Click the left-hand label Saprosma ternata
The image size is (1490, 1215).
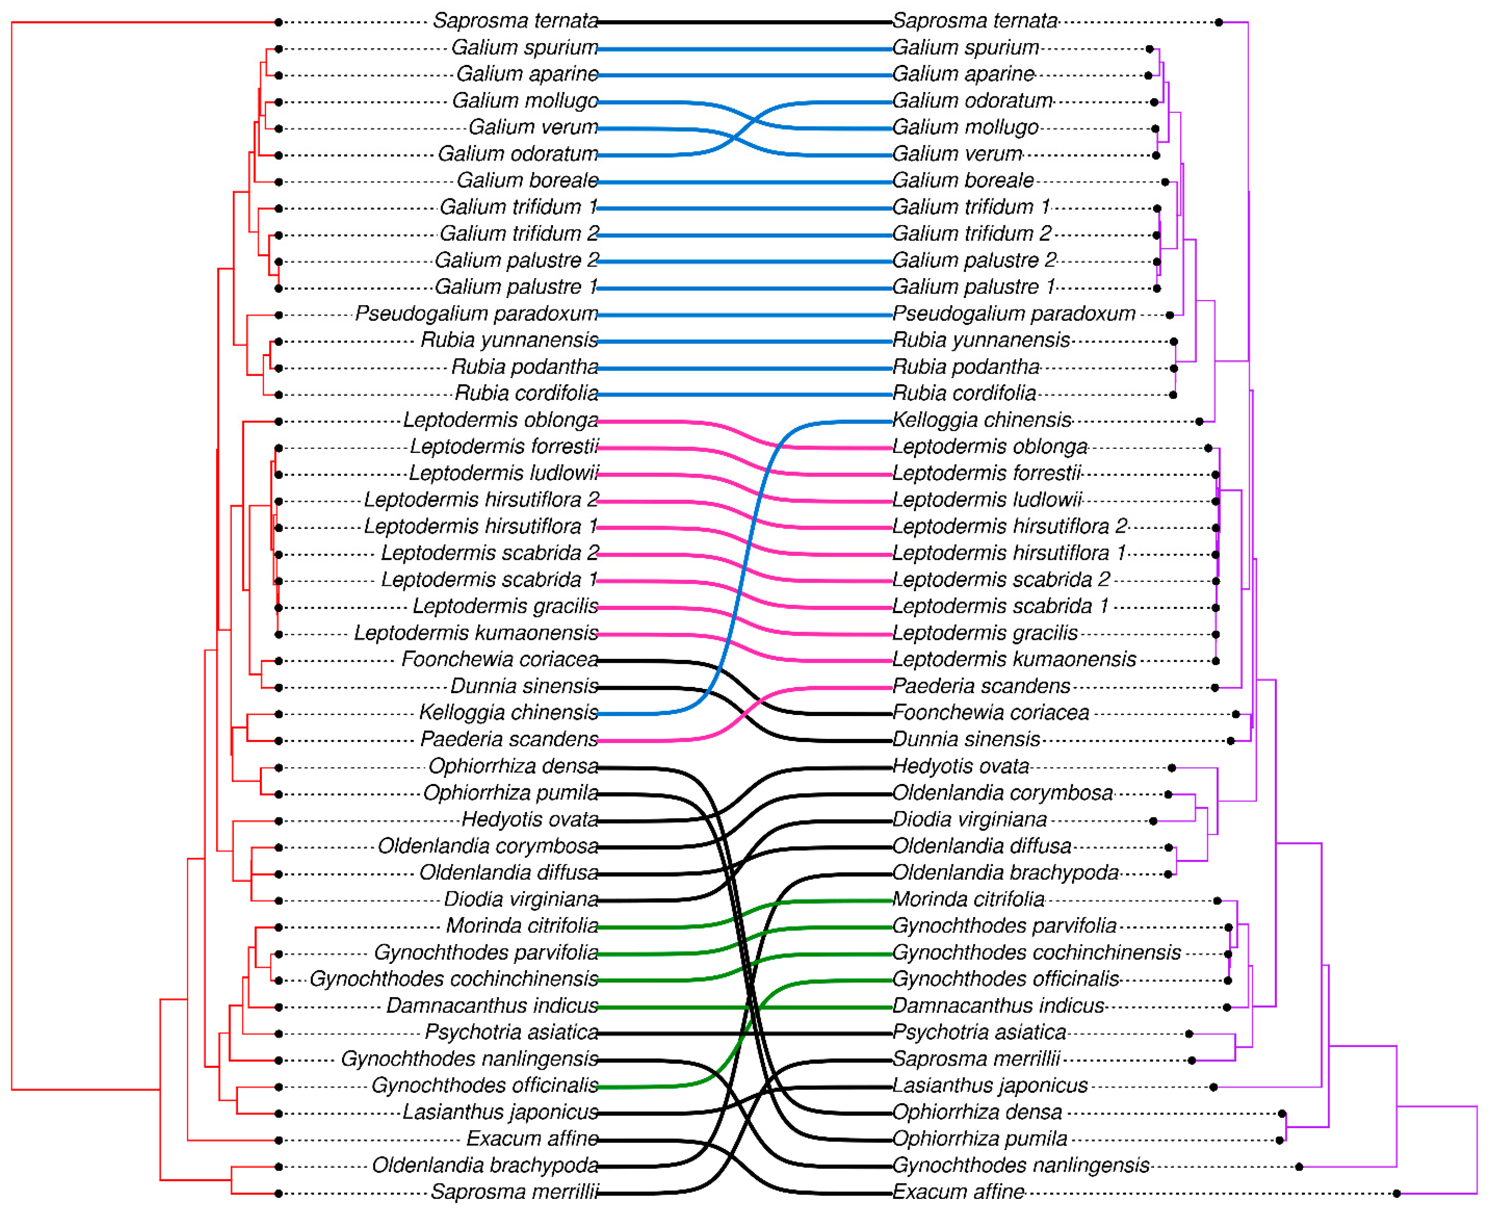pos(515,21)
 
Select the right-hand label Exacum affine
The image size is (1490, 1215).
pos(958,1191)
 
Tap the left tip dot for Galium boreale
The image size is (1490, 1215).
pos(279,182)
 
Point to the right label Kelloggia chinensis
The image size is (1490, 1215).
pos(981,420)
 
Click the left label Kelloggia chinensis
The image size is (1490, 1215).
pos(508,712)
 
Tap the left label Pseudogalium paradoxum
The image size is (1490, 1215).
pos(476,314)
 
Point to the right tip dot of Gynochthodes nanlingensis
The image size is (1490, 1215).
pos(1299,1167)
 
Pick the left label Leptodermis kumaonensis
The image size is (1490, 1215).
pos(476,633)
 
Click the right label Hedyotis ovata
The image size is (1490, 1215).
pos(960,766)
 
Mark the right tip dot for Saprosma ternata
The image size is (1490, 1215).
pos(1218,22)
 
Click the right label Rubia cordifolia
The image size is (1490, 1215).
pos(964,393)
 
